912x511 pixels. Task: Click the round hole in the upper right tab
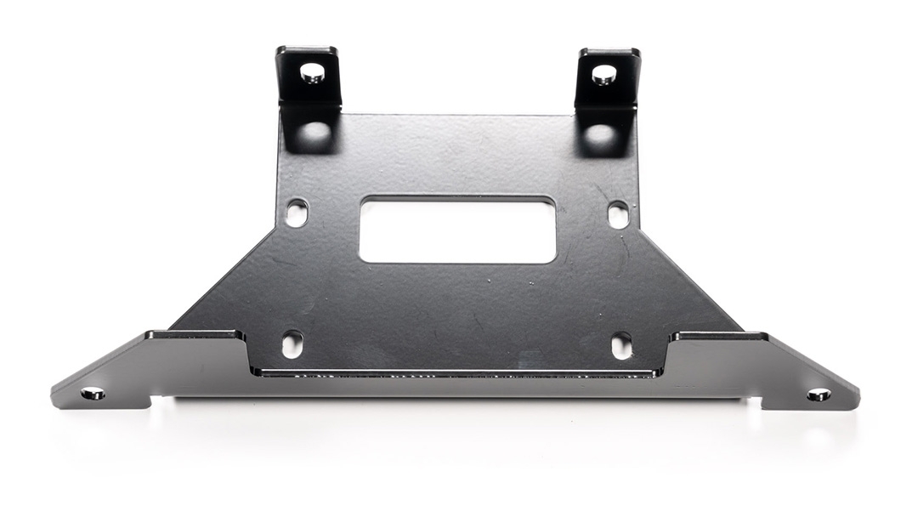click(x=603, y=74)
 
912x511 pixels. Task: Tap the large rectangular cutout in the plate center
click(x=457, y=229)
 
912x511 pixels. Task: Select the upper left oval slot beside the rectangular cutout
click(x=297, y=213)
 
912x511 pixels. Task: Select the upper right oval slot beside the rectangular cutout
click(x=618, y=214)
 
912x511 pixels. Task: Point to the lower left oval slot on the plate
click(x=292, y=344)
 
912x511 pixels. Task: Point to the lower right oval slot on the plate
click(x=621, y=344)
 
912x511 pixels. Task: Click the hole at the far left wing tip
click(x=93, y=394)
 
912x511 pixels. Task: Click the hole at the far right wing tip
click(x=819, y=395)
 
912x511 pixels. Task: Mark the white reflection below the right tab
click(x=601, y=133)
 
